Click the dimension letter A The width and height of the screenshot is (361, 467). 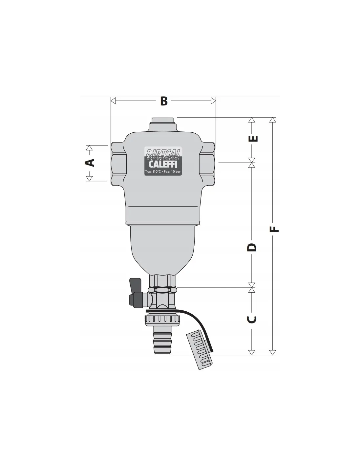pos(90,163)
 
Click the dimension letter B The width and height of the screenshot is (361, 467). pos(164,101)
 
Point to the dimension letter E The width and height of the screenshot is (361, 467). pos(253,139)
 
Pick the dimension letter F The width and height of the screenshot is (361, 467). pos(274,229)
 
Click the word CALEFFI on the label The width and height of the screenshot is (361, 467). pos(163,165)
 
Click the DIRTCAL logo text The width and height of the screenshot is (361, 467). pos(163,153)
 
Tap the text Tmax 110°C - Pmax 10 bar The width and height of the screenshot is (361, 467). pos(163,172)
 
